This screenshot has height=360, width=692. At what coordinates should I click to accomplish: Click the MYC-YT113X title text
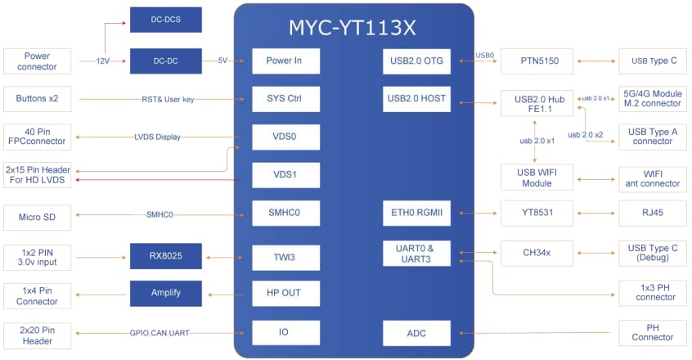pos(353,27)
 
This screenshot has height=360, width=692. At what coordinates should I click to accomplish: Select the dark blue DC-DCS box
pos(165,20)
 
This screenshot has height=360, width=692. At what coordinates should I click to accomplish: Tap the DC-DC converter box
pos(165,61)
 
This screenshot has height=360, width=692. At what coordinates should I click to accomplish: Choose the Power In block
pos(285,61)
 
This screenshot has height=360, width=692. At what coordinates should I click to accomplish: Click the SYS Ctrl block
pos(285,99)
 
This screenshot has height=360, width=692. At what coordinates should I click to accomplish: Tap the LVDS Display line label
pos(158,137)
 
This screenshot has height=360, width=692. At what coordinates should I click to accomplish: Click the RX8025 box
pos(165,257)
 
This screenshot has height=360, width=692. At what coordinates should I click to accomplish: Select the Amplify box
pos(165,293)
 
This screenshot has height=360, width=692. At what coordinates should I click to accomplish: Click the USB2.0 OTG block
pos(416,61)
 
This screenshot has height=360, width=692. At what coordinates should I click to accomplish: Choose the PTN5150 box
pos(536,61)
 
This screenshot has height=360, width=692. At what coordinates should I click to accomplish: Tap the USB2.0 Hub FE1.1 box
pos(536,104)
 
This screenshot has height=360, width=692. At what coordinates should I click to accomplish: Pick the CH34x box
pos(536,253)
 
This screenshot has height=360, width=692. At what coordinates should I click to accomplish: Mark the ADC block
pos(416,333)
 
